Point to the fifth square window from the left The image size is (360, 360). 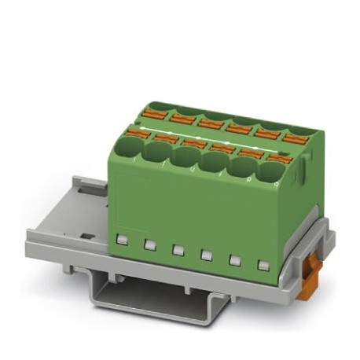[235, 260]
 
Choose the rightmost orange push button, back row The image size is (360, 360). [294, 138]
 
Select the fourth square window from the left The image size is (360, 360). [207, 254]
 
